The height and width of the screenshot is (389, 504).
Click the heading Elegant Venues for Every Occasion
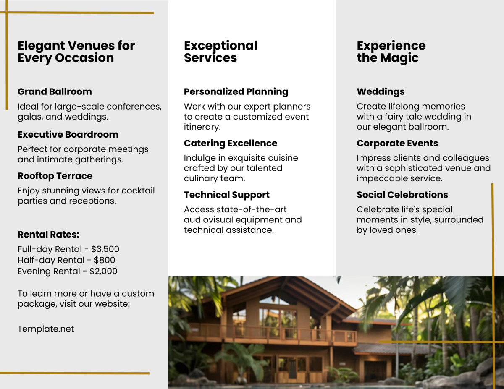pos(76,52)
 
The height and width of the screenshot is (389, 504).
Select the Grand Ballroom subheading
pos(55,91)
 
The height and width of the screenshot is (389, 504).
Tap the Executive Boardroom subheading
pos(68,134)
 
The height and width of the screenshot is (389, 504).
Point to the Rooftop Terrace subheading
pos(55,176)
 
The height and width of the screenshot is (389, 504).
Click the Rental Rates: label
pos(48,235)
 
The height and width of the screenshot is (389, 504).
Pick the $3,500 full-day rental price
pos(105,249)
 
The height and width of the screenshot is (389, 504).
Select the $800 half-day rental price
pos(104,260)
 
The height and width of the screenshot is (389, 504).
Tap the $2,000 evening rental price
pos(103,271)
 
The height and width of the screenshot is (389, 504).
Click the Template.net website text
pos(46,329)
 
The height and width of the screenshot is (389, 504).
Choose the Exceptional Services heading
pos(220,52)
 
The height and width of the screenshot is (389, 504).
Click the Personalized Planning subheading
pos(236,91)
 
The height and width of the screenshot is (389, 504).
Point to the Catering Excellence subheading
pos(231,143)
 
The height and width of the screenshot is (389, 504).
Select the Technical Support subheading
pos(227,195)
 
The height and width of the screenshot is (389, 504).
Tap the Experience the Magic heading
pos(391,52)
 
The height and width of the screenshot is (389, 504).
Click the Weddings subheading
pos(381,91)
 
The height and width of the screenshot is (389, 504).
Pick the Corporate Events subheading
pos(397,143)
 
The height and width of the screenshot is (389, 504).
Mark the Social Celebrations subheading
pos(402,195)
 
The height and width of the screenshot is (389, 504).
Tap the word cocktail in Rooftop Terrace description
pos(138,191)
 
